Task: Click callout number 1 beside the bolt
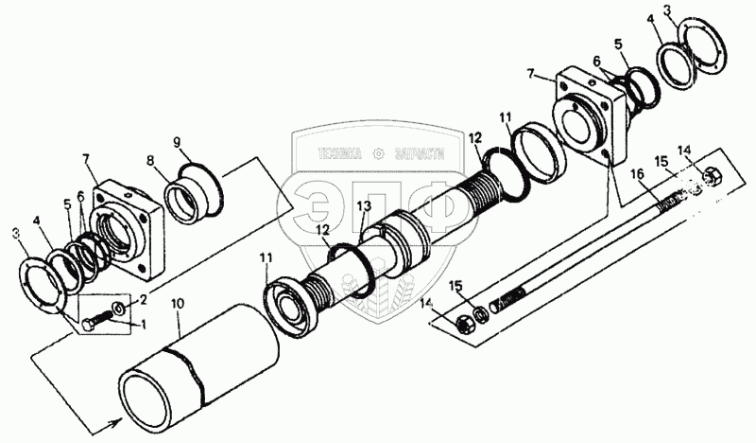click(143, 324)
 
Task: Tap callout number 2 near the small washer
click(143, 299)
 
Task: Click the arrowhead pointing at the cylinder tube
click(116, 423)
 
